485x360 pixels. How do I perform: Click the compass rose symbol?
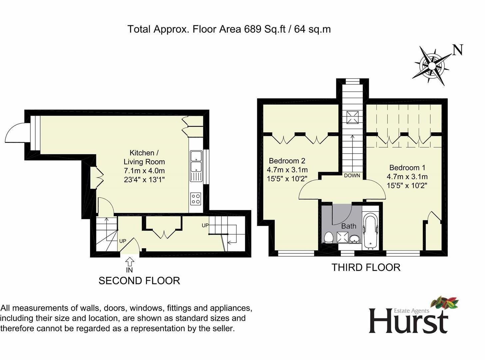point(432,66)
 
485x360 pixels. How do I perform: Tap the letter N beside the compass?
point(458,50)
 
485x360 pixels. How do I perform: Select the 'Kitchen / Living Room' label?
point(144,157)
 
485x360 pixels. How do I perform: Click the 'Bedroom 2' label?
point(287,161)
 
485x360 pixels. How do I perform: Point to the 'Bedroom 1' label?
point(407,168)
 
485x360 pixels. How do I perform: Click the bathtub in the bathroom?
point(370,233)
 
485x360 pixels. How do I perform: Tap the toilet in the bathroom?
point(328,238)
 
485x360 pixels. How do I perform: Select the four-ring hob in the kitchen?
point(196,199)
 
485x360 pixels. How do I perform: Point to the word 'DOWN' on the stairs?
point(352,176)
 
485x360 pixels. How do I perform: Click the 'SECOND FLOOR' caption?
point(139,281)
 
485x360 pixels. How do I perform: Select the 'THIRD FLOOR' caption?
point(366,267)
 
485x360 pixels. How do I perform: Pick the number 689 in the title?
point(252,29)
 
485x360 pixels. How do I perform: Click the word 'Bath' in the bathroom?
point(348,226)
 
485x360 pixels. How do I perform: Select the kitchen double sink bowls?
point(196,161)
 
